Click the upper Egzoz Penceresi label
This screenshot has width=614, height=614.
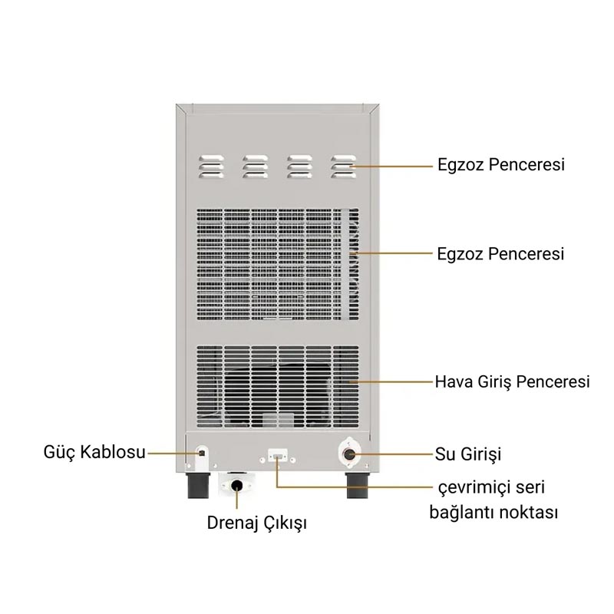pos(501,164)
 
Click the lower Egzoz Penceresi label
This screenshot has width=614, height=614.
pos(500,254)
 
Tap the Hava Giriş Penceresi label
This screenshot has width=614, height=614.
pos(512,381)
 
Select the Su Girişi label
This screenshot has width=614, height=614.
pos(468,454)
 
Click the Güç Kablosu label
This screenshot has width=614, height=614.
pos(94,452)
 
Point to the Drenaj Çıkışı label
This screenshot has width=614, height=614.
pos(256,523)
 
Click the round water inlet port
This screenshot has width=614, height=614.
pos(349,454)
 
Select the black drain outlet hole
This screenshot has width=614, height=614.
pos(236,485)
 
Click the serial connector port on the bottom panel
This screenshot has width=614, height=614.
pos(278,456)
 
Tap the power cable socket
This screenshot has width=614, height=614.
pos(202,453)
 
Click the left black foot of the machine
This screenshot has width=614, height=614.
pos(199,485)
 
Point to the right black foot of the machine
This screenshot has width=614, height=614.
pos(358,485)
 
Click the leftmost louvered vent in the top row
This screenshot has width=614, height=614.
pos(212,167)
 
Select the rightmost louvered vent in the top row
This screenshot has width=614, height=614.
pos(343,167)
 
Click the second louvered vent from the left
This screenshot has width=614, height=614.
pos(256,167)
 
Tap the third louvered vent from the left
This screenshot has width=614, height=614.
pos(299,167)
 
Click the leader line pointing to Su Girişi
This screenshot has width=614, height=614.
pos(391,454)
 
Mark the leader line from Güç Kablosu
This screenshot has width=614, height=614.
pos(175,454)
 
